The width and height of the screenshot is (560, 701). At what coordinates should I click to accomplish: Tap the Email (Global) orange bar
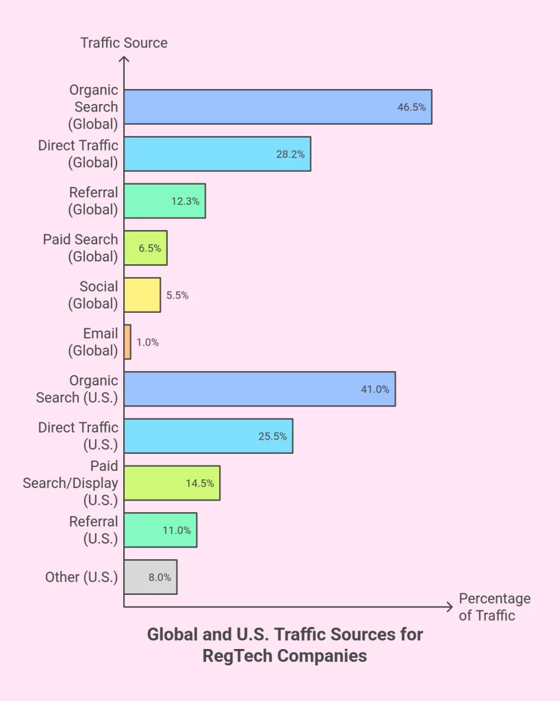[127, 342]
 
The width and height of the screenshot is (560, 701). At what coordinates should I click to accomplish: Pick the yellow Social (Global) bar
[142, 295]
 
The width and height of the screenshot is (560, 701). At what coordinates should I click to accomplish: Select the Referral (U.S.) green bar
[160, 530]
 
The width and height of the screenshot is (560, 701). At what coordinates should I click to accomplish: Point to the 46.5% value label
[411, 107]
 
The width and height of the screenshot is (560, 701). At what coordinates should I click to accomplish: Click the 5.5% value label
[177, 296]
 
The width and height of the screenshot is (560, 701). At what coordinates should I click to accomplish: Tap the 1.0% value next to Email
[147, 342]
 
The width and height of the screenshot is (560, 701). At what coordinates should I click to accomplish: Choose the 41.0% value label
[375, 390]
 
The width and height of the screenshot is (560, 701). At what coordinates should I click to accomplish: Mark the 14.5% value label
[200, 483]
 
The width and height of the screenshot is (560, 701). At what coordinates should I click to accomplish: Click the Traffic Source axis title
[124, 42]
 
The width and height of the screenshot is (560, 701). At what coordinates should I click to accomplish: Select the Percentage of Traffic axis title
[494, 607]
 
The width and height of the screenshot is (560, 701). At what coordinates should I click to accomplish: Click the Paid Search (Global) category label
[80, 248]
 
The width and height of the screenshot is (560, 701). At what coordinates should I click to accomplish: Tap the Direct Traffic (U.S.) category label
[78, 435]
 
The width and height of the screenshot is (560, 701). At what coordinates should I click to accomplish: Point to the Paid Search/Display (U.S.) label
[71, 483]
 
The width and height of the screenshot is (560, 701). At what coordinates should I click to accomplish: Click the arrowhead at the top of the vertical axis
[124, 60]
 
